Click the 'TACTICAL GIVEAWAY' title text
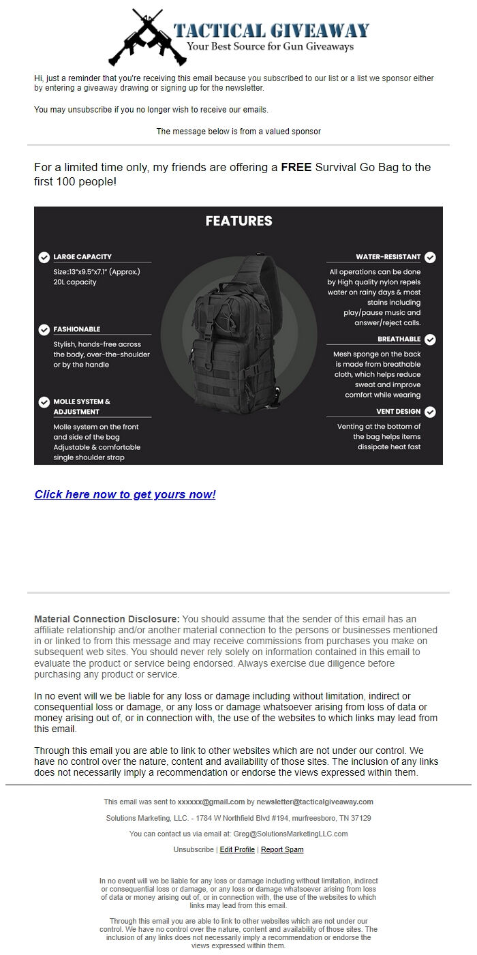click(x=271, y=30)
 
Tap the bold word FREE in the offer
click(x=296, y=168)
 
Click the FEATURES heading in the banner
click(x=238, y=221)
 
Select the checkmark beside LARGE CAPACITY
click(x=44, y=257)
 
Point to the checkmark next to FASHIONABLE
click(x=44, y=329)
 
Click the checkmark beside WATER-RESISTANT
click(x=430, y=257)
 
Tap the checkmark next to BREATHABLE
click(x=430, y=339)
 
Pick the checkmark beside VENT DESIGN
click(x=430, y=412)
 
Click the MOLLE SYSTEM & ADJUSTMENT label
click(x=82, y=406)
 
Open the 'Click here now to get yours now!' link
click(x=125, y=495)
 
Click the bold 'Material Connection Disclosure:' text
click(x=107, y=619)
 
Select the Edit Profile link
click(x=237, y=849)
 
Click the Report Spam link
click(x=282, y=849)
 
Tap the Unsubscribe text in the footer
click(x=194, y=849)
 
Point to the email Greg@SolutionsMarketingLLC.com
click(x=290, y=834)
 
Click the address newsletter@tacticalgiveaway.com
click(x=315, y=802)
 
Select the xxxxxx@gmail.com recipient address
click(x=211, y=802)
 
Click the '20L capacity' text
click(x=75, y=282)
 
